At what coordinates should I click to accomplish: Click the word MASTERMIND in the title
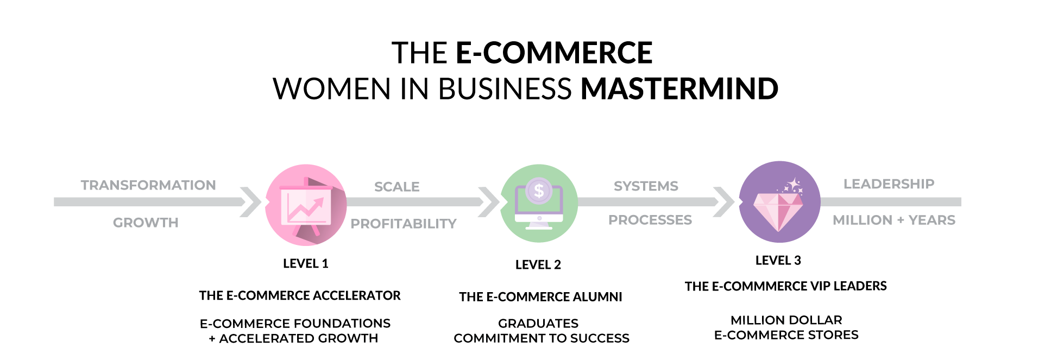[679, 89]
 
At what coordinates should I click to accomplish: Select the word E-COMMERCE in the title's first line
[553, 53]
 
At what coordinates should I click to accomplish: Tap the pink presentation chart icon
[306, 205]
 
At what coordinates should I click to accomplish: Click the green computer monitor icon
[539, 204]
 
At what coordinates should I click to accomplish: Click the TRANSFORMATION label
[148, 185]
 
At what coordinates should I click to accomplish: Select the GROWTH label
[146, 223]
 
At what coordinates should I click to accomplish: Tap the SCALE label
[397, 187]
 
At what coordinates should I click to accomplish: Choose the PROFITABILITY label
[403, 224]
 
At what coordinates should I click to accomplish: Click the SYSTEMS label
[646, 186]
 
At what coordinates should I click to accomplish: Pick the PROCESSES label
[650, 220]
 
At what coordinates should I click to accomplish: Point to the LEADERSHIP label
[889, 184]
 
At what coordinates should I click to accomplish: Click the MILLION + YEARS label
[893, 220]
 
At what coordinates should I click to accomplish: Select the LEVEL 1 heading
[305, 264]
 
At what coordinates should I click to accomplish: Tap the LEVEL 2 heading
[538, 265]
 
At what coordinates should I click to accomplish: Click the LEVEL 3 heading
[778, 261]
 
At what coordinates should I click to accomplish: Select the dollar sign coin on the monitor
[539, 191]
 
